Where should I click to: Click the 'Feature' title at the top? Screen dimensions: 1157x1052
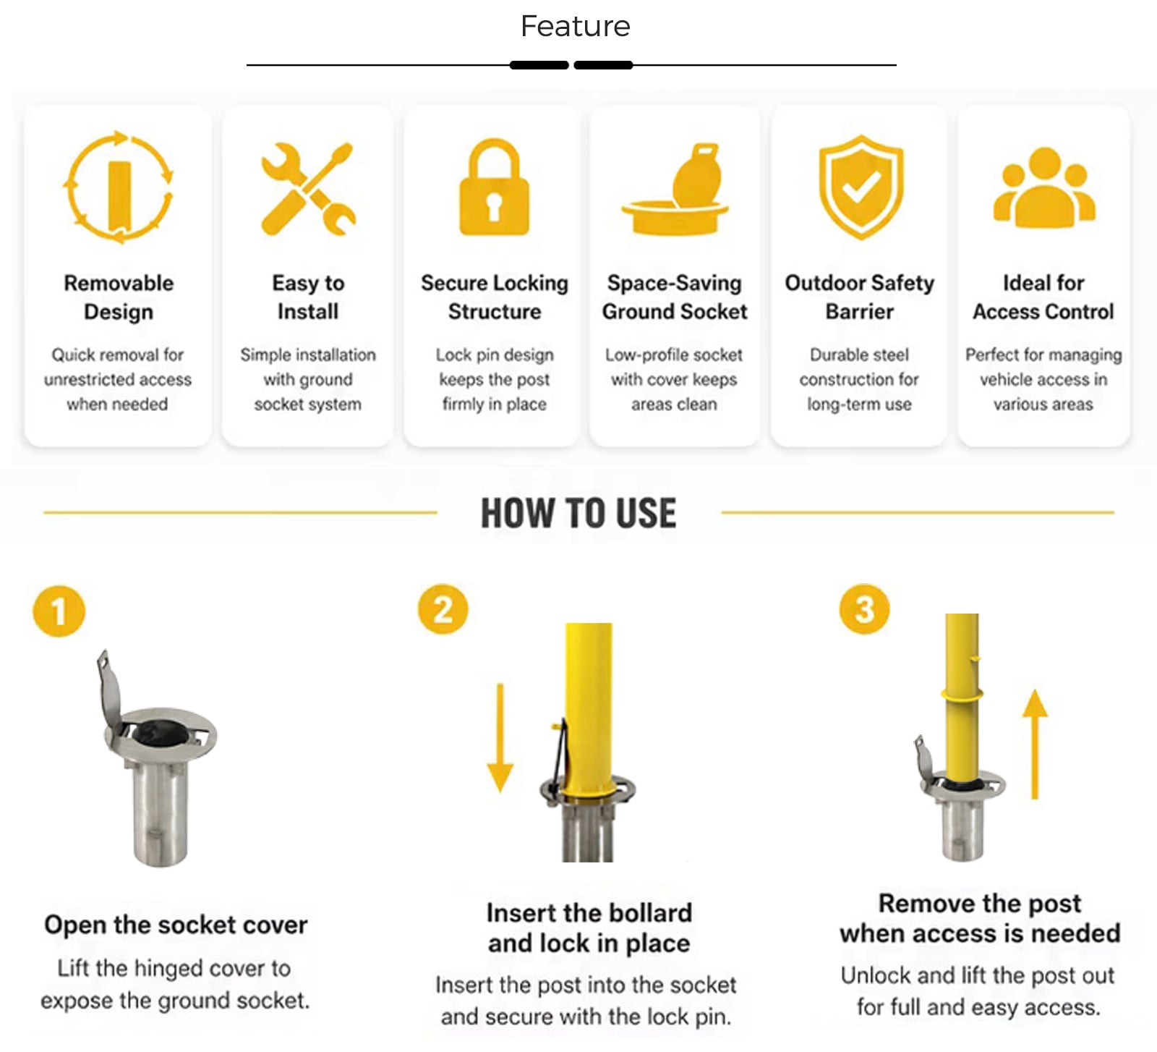pos(576,27)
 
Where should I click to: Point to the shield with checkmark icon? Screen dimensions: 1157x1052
pos(861,187)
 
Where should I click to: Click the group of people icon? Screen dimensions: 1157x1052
pos(1044,187)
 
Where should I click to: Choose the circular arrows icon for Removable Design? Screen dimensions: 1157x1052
pos(119,186)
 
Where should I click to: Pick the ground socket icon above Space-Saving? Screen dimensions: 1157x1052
pos(675,189)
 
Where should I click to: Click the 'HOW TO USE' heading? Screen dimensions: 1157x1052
pos(578,513)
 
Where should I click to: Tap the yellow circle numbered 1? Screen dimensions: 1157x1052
pos(59,611)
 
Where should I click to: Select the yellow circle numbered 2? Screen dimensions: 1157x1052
pos(443,609)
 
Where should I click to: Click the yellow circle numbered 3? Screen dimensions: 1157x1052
pos(864,609)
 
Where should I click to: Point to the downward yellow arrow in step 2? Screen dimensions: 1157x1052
pos(500,737)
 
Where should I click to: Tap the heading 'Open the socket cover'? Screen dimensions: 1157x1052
pos(176,925)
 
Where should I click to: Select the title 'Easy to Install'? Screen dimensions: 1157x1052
pos(308,297)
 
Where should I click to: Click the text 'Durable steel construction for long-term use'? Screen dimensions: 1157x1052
pos(859,379)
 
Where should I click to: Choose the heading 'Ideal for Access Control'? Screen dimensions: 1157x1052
pos(1043,297)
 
